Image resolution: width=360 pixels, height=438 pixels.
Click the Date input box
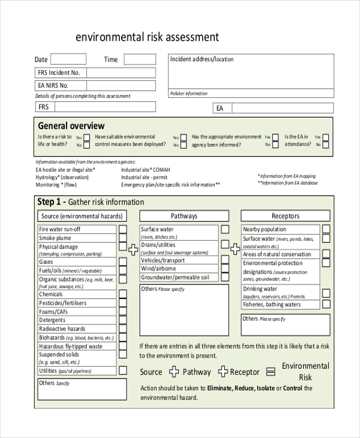(x=68, y=59)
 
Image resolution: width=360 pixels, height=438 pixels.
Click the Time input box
(x=139, y=59)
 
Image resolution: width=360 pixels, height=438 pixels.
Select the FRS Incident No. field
(x=121, y=73)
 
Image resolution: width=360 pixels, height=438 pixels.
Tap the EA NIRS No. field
(x=121, y=85)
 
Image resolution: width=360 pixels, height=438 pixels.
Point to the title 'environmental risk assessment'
(x=147, y=37)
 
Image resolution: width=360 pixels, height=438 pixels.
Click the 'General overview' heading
(x=71, y=126)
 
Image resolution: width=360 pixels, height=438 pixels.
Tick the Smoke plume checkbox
(x=122, y=238)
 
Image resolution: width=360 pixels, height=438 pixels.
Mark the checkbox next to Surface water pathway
(x=224, y=229)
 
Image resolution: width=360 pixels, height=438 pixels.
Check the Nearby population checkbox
(x=326, y=229)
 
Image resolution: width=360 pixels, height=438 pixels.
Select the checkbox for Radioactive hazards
(x=122, y=329)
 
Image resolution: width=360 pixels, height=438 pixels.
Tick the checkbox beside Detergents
(x=122, y=320)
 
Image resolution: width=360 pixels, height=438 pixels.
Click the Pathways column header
(x=184, y=216)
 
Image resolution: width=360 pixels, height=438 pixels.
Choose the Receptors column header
(x=285, y=216)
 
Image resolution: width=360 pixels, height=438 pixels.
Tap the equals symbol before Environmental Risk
(x=271, y=371)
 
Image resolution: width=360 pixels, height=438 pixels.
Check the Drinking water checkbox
(x=326, y=293)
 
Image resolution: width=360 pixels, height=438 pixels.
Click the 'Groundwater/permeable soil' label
(x=175, y=277)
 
